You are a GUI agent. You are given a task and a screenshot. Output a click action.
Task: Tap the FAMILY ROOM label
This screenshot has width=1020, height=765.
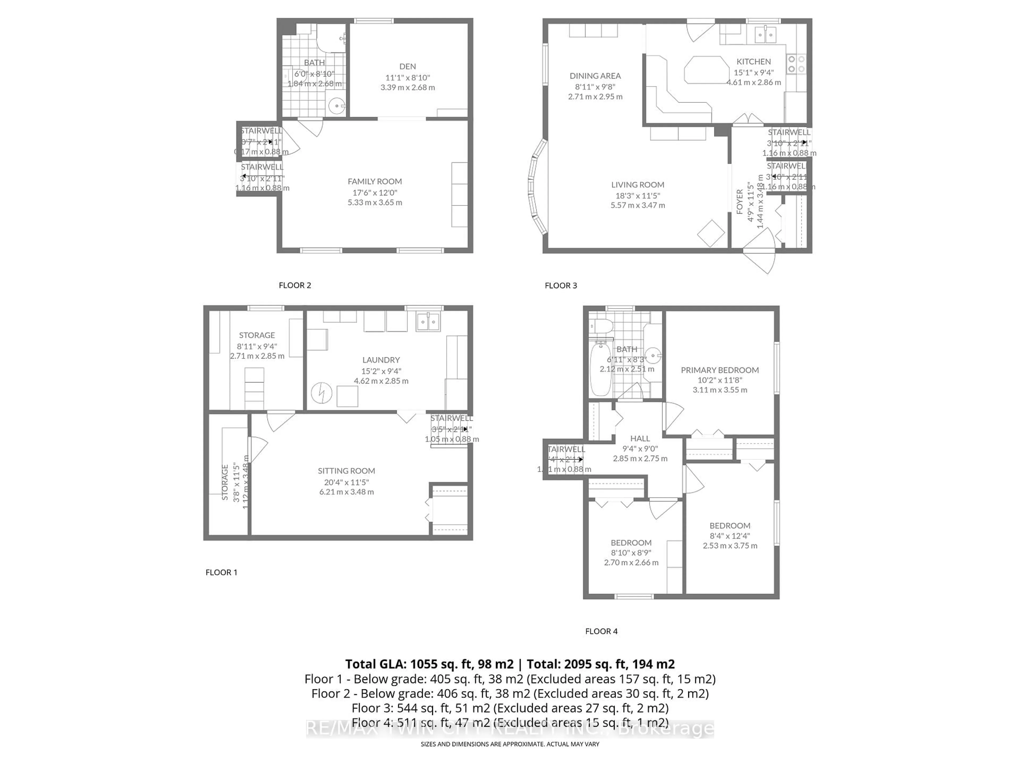pos(375,181)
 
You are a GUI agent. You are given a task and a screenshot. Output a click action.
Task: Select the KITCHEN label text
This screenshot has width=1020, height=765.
pos(754,61)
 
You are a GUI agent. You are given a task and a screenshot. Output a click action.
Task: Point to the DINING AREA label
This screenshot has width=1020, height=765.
pos(595,76)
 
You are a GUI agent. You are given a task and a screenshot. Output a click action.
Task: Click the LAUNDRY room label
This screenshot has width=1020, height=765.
pos(381,360)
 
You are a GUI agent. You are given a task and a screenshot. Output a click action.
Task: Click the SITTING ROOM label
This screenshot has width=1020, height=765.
pos(346,471)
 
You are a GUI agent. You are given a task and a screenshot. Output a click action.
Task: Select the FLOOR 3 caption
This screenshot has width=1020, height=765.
pos(561,286)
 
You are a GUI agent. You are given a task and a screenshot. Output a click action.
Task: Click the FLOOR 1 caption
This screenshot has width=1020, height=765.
pos(221,572)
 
